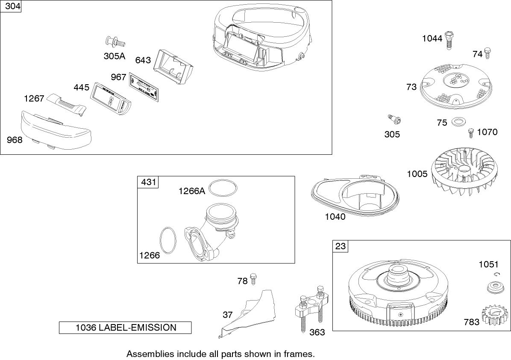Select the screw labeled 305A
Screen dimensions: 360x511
click(114, 42)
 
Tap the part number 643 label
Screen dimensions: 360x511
click(143, 60)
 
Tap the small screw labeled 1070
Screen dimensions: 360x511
click(471, 132)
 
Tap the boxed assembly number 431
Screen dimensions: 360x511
click(147, 183)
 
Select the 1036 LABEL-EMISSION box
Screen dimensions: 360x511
click(125, 328)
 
